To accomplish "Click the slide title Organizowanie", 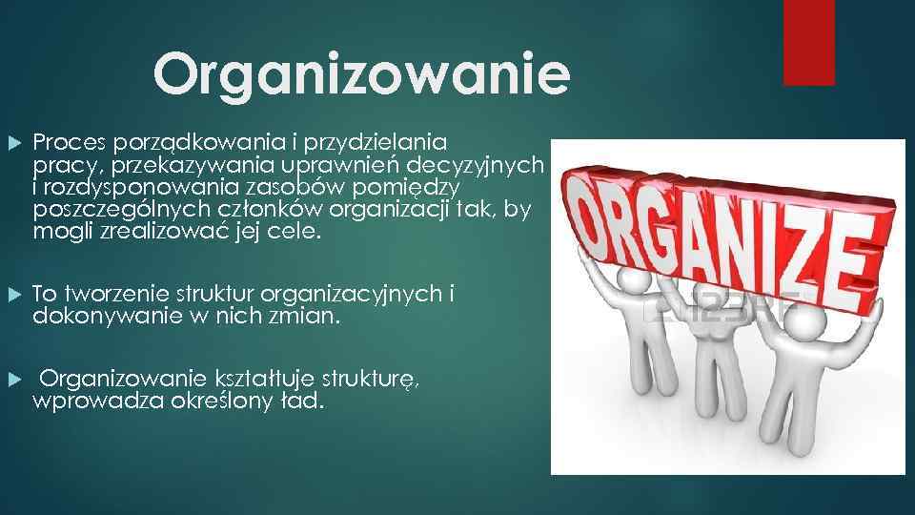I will tap(361, 74).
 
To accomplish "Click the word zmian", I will tap(304, 317).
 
